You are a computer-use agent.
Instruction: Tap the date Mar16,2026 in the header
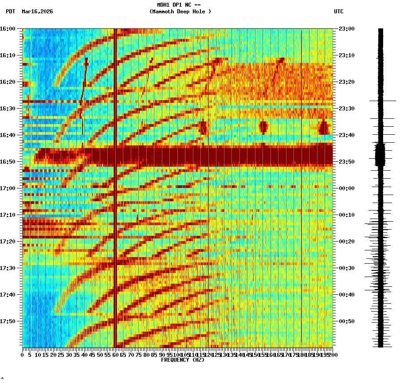(x=37, y=12)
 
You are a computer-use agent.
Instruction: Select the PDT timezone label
(x=11, y=12)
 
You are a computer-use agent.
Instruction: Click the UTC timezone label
(x=339, y=12)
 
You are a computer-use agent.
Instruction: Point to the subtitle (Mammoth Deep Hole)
(x=180, y=12)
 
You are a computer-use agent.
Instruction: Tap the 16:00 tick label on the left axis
(x=8, y=28)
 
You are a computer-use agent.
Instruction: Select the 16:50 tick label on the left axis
(x=8, y=161)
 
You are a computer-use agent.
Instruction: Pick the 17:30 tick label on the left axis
(x=8, y=268)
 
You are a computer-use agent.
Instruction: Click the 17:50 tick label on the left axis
(x=8, y=321)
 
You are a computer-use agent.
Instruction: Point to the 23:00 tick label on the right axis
(x=346, y=28)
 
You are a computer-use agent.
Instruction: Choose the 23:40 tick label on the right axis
(x=346, y=135)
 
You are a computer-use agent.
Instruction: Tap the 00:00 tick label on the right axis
(x=346, y=188)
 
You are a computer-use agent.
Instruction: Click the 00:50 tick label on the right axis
(x=346, y=321)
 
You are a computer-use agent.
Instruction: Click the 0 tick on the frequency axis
(x=23, y=355)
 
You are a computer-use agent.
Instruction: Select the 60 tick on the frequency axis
(x=116, y=355)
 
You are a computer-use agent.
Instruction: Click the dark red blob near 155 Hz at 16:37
(x=263, y=127)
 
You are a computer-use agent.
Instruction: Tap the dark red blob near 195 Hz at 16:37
(x=324, y=128)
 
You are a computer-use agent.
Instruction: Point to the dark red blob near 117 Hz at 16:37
(x=204, y=128)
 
